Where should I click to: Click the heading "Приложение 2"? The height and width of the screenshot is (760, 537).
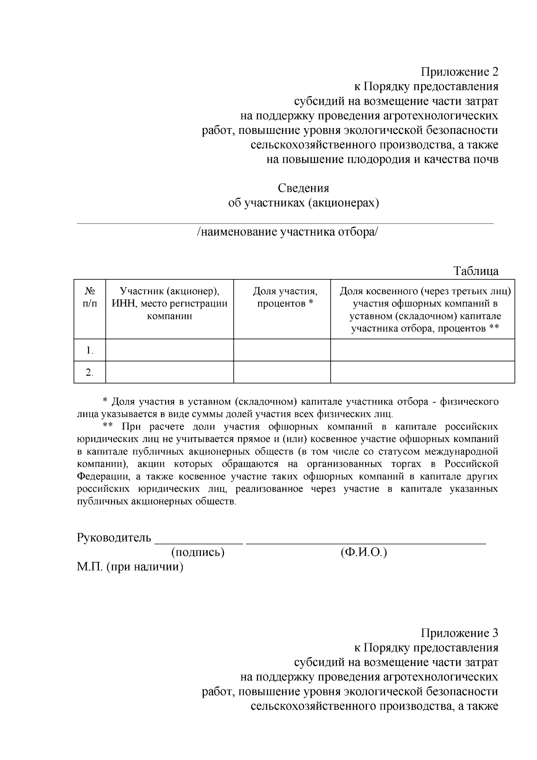click(x=459, y=72)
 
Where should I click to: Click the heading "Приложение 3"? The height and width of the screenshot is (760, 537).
click(x=459, y=633)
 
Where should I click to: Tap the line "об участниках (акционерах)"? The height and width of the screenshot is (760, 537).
click(x=303, y=203)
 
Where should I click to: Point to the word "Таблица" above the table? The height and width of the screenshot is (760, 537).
click(x=476, y=271)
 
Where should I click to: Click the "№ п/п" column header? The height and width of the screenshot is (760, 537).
click(x=90, y=297)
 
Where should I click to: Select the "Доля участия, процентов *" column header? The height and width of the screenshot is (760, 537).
click(x=285, y=297)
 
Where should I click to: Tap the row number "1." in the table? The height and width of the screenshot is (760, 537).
click(x=90, y=351)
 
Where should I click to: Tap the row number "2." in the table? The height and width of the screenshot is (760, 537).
click(x=90, y=373)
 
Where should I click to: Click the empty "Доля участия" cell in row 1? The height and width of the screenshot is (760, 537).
click(x=282, y=350)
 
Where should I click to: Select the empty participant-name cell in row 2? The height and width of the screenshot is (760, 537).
click(x=170, y=372)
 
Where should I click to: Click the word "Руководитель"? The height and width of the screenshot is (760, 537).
click(x=114, y=537)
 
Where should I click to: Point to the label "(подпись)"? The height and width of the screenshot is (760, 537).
click(x=198, y=552)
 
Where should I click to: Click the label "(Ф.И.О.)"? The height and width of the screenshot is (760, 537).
click(x=363, y=552)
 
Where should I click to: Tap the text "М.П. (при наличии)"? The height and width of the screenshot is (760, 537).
click(x=130, y=567)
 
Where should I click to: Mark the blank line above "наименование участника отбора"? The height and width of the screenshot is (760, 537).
click(x=286, y=223)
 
